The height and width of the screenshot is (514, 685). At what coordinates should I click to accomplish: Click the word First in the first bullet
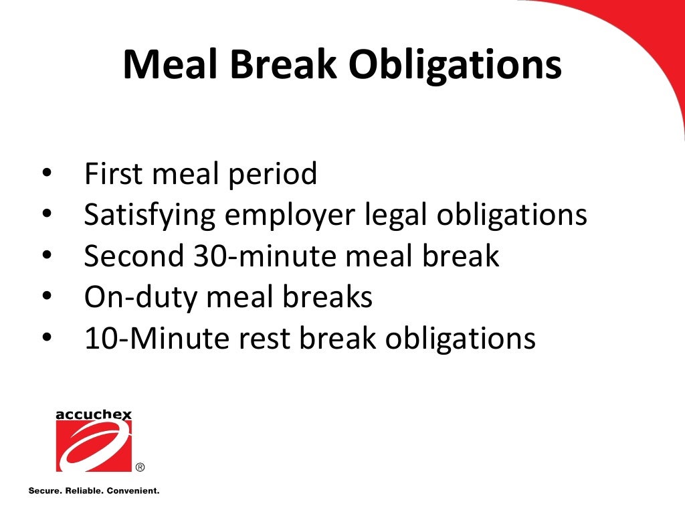tap(113, 175)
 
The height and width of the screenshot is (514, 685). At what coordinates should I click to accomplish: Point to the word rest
tap(260, 339)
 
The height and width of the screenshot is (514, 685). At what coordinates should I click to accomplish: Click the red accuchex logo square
tap(94, 446)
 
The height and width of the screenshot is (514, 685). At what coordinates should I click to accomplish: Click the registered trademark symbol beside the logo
tap(140, 467)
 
